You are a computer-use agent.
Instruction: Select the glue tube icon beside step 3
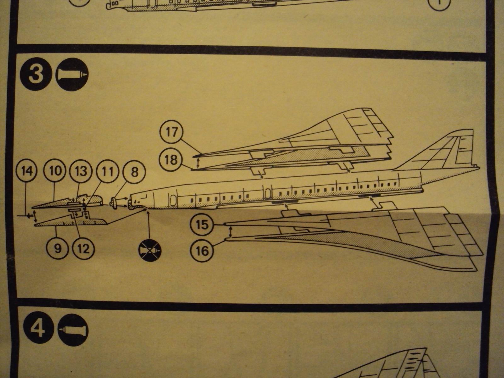tap(72, 74)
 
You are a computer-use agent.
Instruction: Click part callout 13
tap(80, 172)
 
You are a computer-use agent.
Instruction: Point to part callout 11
tap(106, 172)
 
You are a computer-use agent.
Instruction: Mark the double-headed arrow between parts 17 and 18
tap(198, 163)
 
